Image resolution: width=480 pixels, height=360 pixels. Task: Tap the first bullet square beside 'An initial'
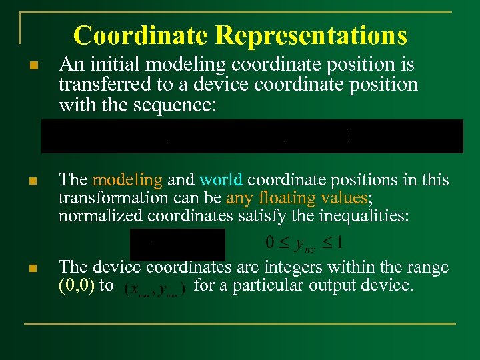[33, 66]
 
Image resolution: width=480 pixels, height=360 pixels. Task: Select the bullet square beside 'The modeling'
[33, 181]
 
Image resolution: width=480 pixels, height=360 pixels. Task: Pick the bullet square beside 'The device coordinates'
[33, 268]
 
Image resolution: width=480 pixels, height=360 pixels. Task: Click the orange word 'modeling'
[127, 180]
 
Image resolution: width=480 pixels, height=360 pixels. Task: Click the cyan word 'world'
[222, 180]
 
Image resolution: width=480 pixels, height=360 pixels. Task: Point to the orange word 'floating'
[286, 198]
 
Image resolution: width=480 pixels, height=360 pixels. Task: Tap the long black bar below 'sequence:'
[252, 136]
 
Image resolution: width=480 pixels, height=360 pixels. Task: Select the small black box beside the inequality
[177, 244]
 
